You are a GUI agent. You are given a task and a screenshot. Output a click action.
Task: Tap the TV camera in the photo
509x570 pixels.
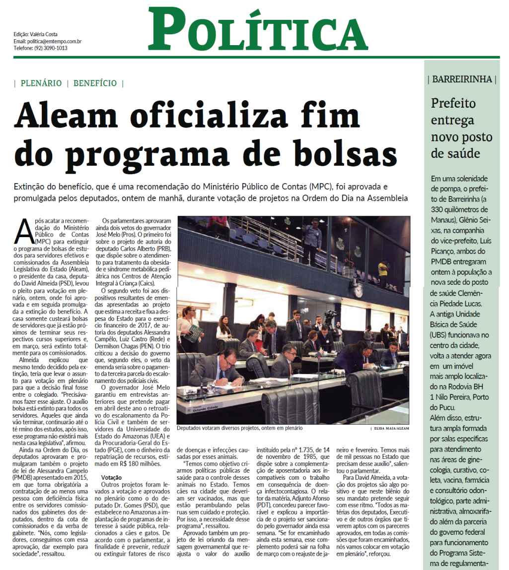pos(330,317)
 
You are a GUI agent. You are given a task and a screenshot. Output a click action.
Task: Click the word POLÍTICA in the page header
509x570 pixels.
pos(258,31)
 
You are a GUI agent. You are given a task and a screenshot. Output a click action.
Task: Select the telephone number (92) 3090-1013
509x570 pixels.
pos(51,48)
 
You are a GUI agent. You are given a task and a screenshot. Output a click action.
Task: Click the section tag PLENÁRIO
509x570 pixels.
pos(41,83)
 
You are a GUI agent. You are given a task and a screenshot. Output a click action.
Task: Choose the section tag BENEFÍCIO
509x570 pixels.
pos(95,83)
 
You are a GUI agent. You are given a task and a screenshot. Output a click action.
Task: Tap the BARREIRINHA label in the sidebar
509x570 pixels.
pos(462,79)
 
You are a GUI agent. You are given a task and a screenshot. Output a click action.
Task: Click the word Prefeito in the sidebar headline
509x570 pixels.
pos(453,104)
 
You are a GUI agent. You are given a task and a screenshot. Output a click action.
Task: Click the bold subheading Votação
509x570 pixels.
pos(112,477)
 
